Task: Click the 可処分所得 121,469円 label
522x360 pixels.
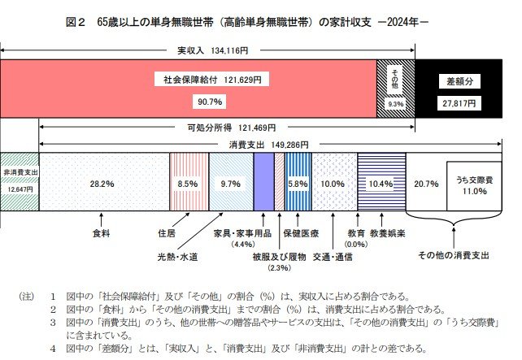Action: [231, 128]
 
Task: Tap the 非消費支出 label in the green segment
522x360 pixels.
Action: [19, 172]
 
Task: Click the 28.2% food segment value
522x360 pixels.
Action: [99, 184]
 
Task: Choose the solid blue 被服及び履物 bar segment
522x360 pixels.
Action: [263, 184]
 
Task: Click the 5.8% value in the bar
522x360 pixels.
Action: [298, 184]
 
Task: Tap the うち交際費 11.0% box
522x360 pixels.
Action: [473, 185]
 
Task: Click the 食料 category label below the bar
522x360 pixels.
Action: [101, 232]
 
